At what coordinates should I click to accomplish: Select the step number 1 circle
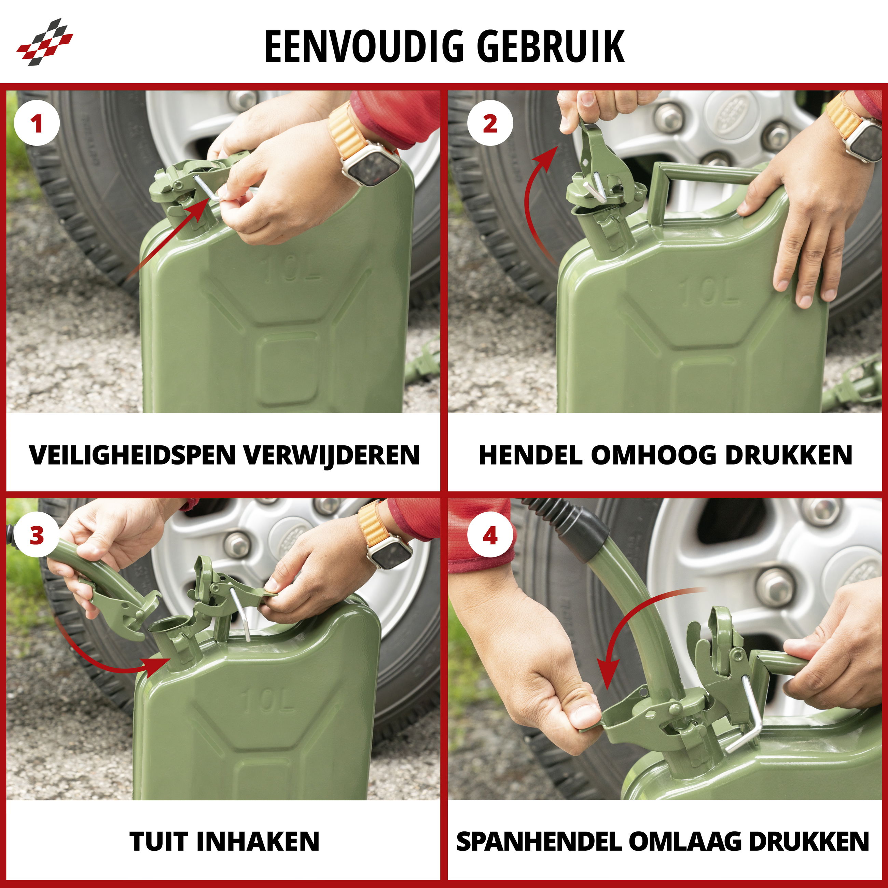tap(37, 124)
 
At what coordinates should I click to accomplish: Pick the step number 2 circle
tap(490, 124)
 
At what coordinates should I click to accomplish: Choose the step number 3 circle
tap(37, 536)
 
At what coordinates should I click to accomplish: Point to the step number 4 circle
tap(490, 536)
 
